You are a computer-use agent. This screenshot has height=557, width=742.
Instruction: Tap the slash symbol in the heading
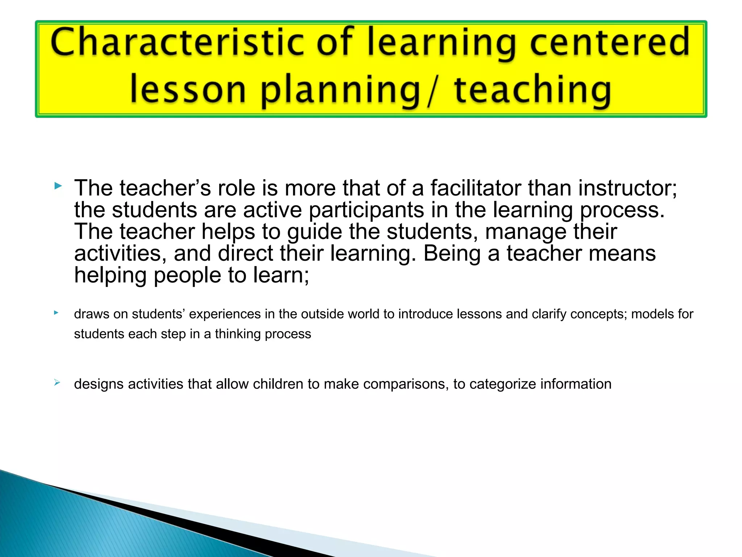[x=431, y=91]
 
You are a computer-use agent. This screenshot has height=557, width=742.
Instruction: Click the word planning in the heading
[x=340, y=91]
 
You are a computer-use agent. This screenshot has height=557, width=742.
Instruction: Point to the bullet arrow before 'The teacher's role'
[x=58, y=186]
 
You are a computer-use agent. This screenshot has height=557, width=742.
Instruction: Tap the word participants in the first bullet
[x=366, y=210]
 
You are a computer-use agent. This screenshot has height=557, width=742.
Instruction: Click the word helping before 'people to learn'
[x=111, y=275]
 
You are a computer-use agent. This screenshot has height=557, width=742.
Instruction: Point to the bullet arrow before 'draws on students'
[x=56, y=312]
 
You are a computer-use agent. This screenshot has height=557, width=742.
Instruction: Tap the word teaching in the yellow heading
[x=533, y=91]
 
